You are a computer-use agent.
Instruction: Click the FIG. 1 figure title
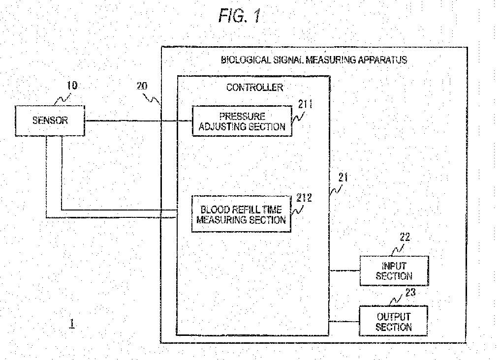pos(240,16)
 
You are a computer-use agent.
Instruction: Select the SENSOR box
pos(50,121)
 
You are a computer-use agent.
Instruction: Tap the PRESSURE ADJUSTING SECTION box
pos(242,121)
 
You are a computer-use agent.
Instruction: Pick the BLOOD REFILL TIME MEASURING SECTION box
pos(242,214)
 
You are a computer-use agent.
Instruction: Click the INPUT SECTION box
pos(394,271)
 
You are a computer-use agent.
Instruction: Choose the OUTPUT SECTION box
pos(394,321)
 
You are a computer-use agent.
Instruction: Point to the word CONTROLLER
pos(254,88)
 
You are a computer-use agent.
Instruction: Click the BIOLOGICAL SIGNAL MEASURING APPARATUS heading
pos(314,60)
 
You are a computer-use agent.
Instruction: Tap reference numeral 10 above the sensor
pos(72,86)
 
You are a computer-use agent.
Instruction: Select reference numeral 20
pos(142,86)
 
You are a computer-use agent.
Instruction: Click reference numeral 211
pos(305,104)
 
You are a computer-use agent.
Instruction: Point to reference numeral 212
pos(304,198)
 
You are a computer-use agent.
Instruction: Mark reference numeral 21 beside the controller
pos(343,177)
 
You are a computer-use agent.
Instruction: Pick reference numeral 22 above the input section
pos(405,237)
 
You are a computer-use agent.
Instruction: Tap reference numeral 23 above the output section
pos(411,292)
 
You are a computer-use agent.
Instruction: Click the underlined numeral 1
pos(72,324)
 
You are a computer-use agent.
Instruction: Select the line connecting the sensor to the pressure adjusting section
pos(139,121)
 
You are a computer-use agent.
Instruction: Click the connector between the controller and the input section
pos(344,271)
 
